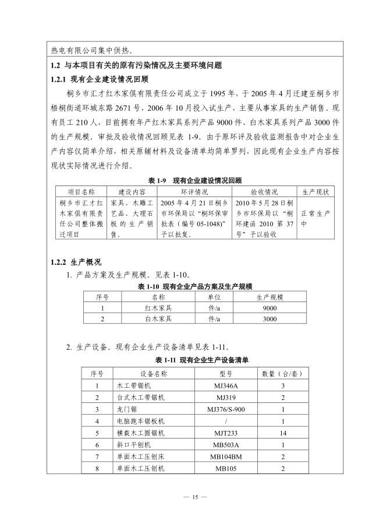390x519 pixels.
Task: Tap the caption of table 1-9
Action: [x=195, y=181]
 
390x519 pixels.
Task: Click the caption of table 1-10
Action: [x=195, y=286]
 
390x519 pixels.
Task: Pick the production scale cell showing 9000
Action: [x=270, y=308]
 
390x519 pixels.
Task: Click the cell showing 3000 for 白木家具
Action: [x=270, y=319]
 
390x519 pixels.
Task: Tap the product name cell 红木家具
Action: [x=158, y=308]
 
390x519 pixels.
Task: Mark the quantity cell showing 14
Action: [x=283, y=433]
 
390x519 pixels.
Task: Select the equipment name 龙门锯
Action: [x=126, y=409]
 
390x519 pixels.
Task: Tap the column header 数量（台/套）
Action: [x=283, y=373]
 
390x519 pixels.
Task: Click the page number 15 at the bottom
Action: [x=195, y=497]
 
